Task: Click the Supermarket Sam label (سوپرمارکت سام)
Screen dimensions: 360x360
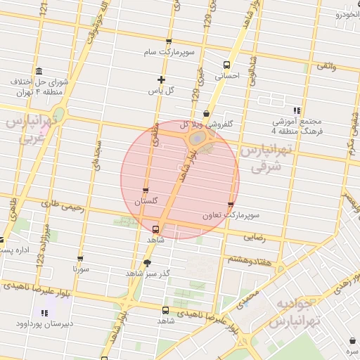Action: [x=168, y=53]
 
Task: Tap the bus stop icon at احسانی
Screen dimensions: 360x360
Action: [x=226, y=65]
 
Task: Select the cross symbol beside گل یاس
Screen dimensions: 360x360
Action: [x=161, y=79]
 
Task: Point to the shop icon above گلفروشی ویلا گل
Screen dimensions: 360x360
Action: [x=205, y=113]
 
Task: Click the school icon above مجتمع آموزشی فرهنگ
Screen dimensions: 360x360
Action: [x=297, y=110]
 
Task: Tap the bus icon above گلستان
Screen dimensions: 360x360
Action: [x=146, y=191]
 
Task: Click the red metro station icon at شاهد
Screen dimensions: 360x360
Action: [x=155, y=229]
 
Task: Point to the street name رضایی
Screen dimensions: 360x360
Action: [x=255, y=238]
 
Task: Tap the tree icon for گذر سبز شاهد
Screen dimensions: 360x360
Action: [x=146, y=263]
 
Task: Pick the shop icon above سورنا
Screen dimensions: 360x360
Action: [x=79, y=259]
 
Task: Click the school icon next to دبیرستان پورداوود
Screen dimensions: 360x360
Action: [x=44, y=313]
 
